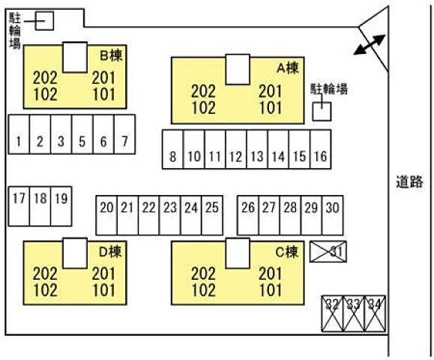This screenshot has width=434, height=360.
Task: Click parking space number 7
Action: click(x=124, y=134)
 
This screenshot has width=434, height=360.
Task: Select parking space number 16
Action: click(x=321, y=149)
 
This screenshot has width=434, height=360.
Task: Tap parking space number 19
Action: click(x=61, y=206)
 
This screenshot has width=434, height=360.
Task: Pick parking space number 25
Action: click(x=212, y=215)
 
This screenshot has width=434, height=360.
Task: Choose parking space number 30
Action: click(x=332, y=215)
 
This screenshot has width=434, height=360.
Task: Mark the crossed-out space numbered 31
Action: click(x=328, y=251)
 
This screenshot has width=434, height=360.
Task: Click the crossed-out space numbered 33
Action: click(x=353, y=313)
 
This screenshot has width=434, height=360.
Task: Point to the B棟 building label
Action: click(x=111, y=55)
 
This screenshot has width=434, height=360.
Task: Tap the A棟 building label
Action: click(x=288, y=67)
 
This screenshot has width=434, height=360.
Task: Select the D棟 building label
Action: click(x=110, y=252)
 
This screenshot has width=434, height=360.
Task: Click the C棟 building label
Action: click(x=287, y=252)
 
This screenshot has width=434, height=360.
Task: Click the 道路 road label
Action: click(x=409, y=182)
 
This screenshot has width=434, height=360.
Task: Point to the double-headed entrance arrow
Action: click(x=370, y=44)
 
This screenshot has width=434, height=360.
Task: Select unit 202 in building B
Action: click(x=45, y=78)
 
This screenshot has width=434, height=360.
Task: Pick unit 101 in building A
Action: click(x=271, y=108)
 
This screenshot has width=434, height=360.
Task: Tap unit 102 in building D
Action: click(x=45, y=290)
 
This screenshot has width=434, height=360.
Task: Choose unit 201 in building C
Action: click(x=271, y=274)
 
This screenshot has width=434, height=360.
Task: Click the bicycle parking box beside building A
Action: click(x=322, y=111)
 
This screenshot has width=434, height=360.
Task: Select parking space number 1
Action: click(x=19, y=134)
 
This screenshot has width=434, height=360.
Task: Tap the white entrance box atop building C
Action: click(x=238, y=253)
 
